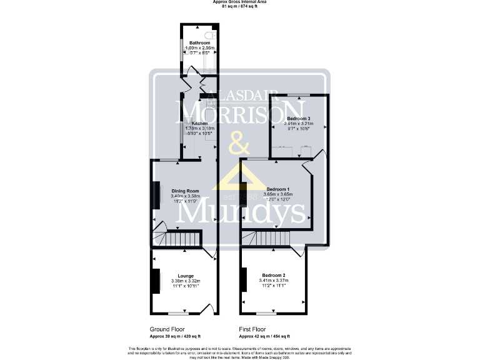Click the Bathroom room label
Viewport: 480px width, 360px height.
[199, 42]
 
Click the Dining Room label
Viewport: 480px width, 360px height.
[186, 191]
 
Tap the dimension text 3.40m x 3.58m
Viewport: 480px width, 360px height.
[186, 196]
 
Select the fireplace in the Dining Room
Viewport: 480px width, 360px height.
[154, 195]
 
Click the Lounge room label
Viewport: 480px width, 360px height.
[186, 276]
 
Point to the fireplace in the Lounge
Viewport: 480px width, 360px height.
[154, 280]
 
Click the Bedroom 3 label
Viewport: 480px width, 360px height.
[299, 118]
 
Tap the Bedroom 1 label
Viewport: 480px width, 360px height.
[278, 189]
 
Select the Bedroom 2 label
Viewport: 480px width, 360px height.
[274, 276]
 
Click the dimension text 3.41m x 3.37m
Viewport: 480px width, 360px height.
[274, 281]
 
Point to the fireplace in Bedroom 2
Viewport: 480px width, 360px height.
[244, 279]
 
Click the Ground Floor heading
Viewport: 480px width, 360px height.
[167, 329]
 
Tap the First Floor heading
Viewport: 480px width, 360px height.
[252, 329]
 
